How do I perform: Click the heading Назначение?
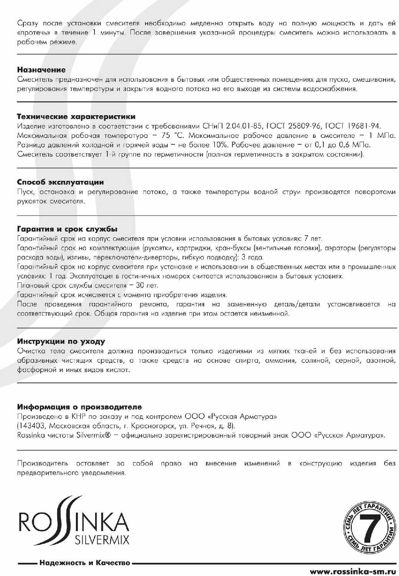41,70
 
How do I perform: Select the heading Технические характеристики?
76,116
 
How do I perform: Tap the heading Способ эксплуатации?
61,182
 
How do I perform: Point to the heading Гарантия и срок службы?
68,229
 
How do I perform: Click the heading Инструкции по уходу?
61,341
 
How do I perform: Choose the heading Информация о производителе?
79,407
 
